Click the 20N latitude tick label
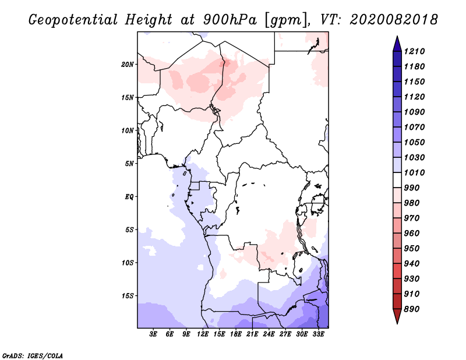(128, 65)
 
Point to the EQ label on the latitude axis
(129, 197)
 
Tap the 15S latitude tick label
(128, 296)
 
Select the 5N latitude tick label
(129, 164)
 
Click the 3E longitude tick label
(153, 334)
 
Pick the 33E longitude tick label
(318, 334)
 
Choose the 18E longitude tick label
(236, 334)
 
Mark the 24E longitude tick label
(269, 334)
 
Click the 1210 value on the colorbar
(414, 51)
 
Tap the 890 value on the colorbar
(412, 309)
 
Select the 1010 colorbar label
(414, 172)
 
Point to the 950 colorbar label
(412, 249)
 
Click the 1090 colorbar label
(414, 112)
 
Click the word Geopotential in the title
(73, 20)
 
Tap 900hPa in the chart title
(230, 20)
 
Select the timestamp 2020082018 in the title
(394, 20)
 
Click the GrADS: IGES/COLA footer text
(33, 356)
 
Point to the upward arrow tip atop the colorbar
(397, 36)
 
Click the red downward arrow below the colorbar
(397, 316)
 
